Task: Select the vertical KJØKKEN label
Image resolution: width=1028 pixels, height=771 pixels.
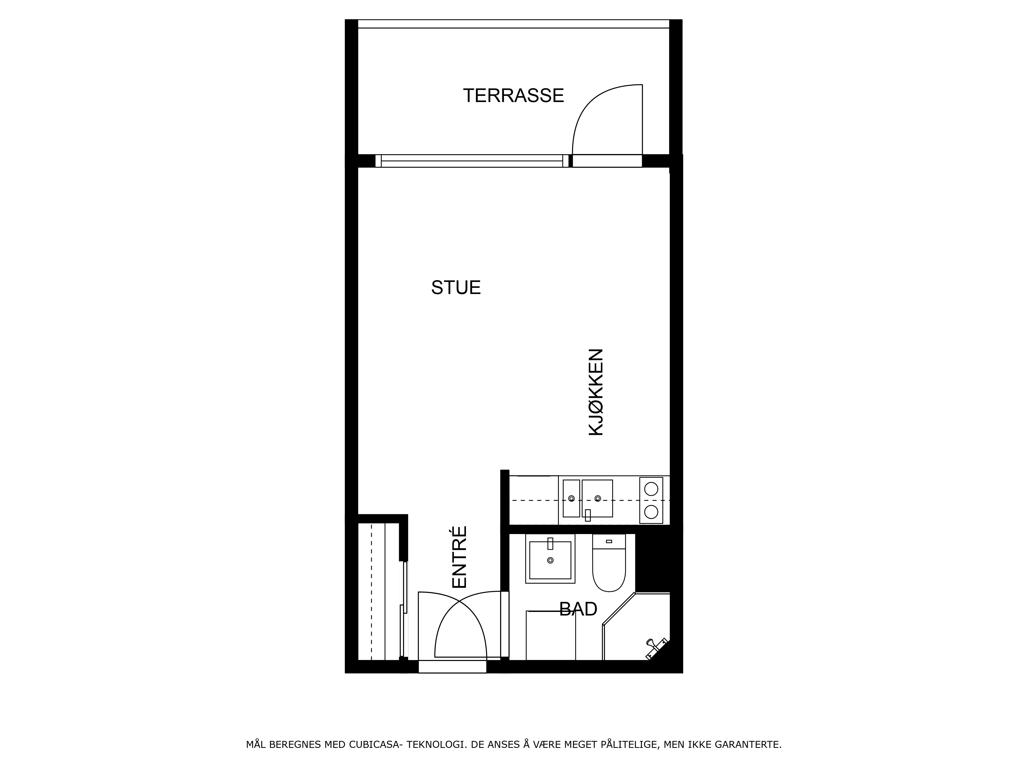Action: tap(596, 392)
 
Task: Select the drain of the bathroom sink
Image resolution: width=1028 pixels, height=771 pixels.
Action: tap(550, 561)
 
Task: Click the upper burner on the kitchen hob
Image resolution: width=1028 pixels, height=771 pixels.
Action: tap(651, 489)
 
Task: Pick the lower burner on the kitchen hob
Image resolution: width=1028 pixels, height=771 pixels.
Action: tap(651, 512)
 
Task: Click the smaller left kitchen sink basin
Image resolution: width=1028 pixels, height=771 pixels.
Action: tap(571, 498)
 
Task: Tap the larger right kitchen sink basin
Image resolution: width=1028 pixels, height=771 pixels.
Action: tap(597, 498)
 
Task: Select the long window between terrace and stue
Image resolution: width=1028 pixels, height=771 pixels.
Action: tap(472, 161)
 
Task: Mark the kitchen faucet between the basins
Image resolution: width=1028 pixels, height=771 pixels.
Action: tap(588, 515)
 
